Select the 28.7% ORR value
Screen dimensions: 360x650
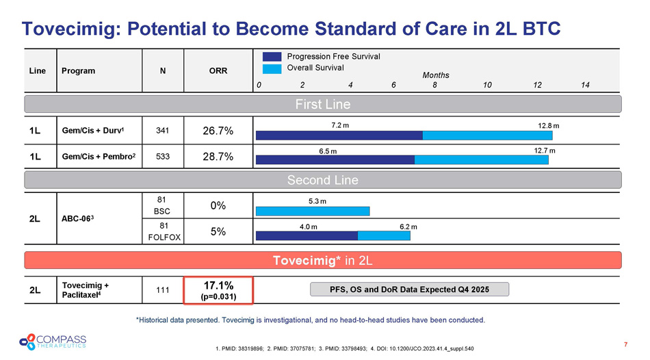pyautogui.click(x=218, y=157)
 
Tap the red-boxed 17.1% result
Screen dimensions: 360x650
pyautogui.click(x=218, y=290)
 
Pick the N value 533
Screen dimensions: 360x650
pyautogui.click(x=161, y=157)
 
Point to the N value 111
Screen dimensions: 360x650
pyautogui.click(x=161, y=290)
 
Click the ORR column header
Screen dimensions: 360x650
pyautogui.click(x=218, y=70)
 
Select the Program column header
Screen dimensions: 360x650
pyautogui.click(x=78, y=70)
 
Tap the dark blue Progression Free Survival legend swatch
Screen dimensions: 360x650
pyautogui.click(x=272, y=56)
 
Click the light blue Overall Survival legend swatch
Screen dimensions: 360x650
pyautogui.click(x=272, y=68)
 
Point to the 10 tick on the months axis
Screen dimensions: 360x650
pyautogui.click(x=486, y=85)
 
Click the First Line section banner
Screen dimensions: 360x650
pyautogui.click(x=323, y=104)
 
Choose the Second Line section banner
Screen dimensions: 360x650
pyautogui.click(x=323, y=180)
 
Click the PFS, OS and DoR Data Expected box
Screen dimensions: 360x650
pyautogui.click(x=410, y=289)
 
